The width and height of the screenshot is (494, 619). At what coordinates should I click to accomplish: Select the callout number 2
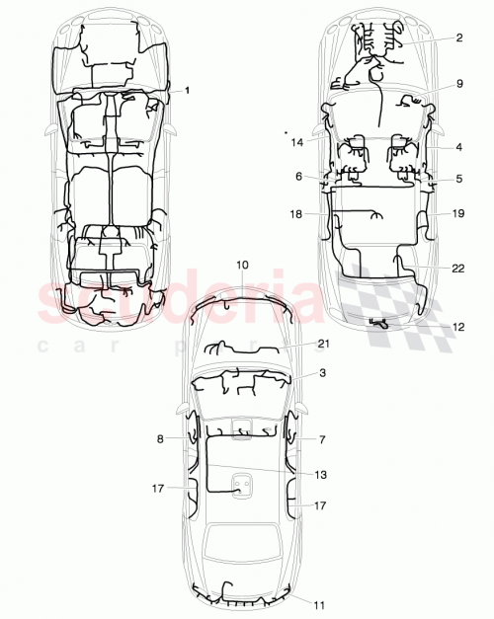pyautogui.click(x=459, y=39)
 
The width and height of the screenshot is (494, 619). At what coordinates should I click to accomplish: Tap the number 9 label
pyautogui.click(x=459, y=85)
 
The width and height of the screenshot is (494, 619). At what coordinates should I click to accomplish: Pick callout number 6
pyautogui.click(x=297, y=176)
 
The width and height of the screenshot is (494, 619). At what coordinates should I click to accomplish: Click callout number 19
pyautogui.click(x=457, y=212)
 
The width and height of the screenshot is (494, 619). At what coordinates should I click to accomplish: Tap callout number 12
pyautogui.click(x=457, y=326)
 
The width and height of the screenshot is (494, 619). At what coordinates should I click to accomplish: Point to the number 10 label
pyautogui.click(x=243, y=264)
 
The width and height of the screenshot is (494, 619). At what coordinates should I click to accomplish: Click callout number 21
pyautogui.click(x=322, y=343)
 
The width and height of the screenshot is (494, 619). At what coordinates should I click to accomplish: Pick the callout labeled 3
pyautogui.click(x=322, y=374)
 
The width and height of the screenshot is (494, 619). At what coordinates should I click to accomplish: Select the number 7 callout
pyautogui.click(x=322, y=438)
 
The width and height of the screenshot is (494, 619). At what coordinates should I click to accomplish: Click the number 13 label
pyautogui.click(x=322, y=475)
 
